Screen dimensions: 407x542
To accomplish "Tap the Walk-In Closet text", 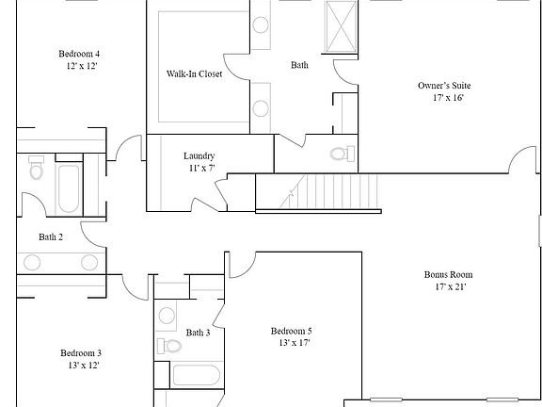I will point(195,73).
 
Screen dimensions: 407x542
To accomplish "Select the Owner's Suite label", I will point(444,86).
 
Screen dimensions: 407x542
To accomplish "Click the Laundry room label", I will point(199,156).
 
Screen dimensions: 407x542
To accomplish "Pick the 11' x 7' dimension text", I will point(199,169).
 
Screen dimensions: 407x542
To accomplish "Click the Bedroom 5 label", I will point(292,332).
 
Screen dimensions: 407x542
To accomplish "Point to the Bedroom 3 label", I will point(82,352).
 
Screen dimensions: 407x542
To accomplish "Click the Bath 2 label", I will point(51,236).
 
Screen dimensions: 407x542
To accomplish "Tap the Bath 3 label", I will point(198,333).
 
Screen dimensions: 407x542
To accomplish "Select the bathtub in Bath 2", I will point(68,188).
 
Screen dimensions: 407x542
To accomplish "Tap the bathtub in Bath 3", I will point(196,375).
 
